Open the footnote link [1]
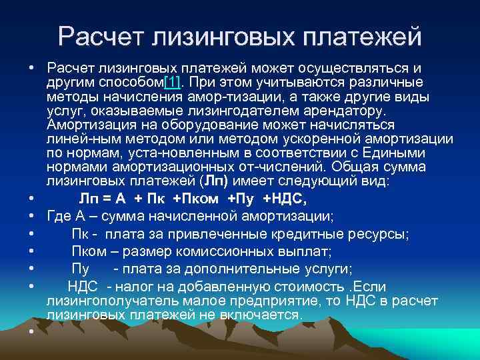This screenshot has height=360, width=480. coord(173,83)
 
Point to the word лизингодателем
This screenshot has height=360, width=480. coord(255,111)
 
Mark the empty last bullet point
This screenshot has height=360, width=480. coord(32,332)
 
